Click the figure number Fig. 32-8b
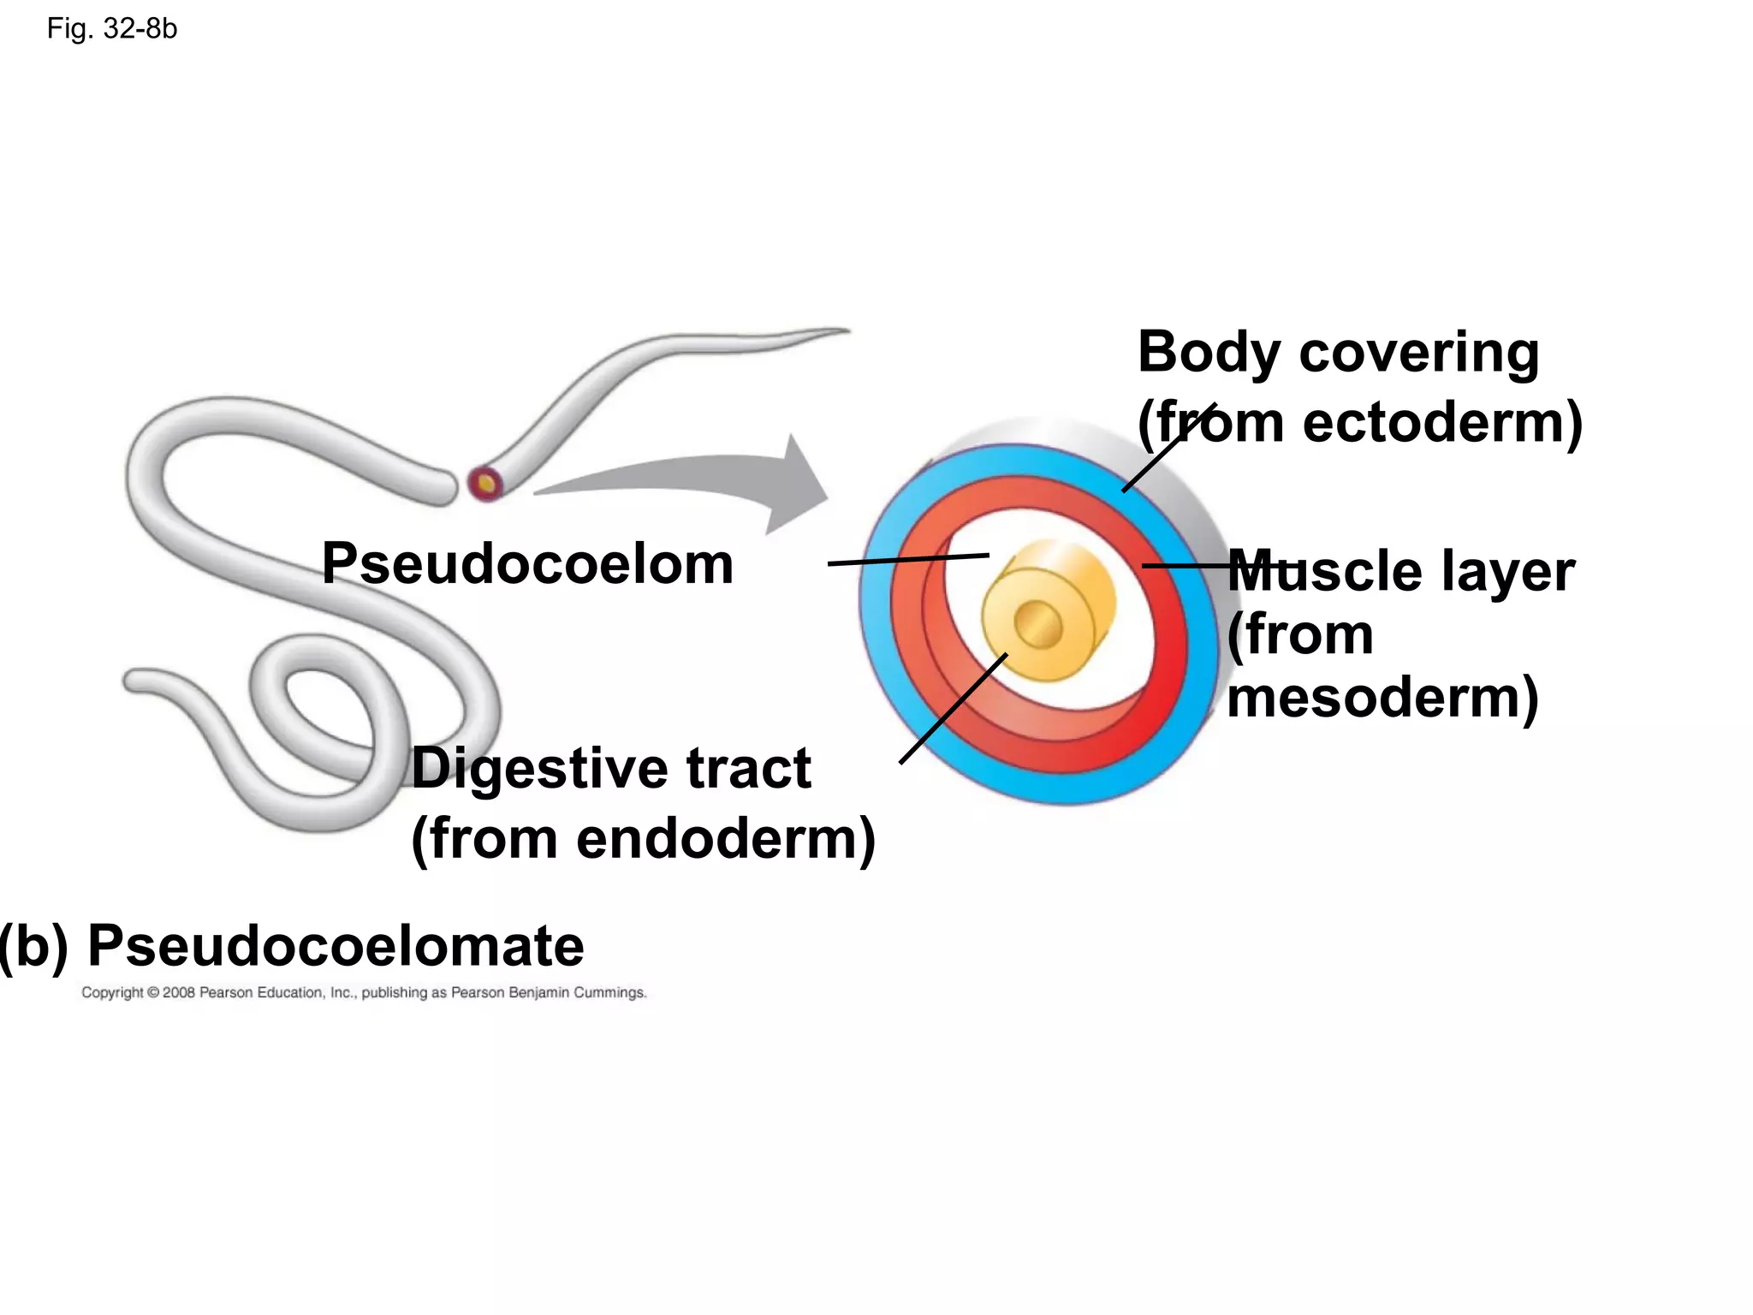pyautogui.click(x=112, y=29)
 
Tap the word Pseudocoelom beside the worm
pyautogui.click(x=527, y=564)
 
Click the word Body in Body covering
pyautogui.click(x=1209, y=353)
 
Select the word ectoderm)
pyautogui.click(x=1441, y=423)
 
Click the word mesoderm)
pyautogui.click(x=1382, y=697)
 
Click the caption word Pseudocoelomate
pyautogui.click(x=336, y=946)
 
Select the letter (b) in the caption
pyautogui.click(x=34, y=947)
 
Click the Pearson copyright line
pyautogui.click(x=364, y=993)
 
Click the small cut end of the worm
pyautogui.click(x=485, y=484)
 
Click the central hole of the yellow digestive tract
pyautogui.click(x=1037, y=625)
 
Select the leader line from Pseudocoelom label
pyautogui.click(x=907, y=559)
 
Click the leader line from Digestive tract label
pyautogui.click(x=953, y=709)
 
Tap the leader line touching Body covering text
pyautogui.click(x=1168, y=448)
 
